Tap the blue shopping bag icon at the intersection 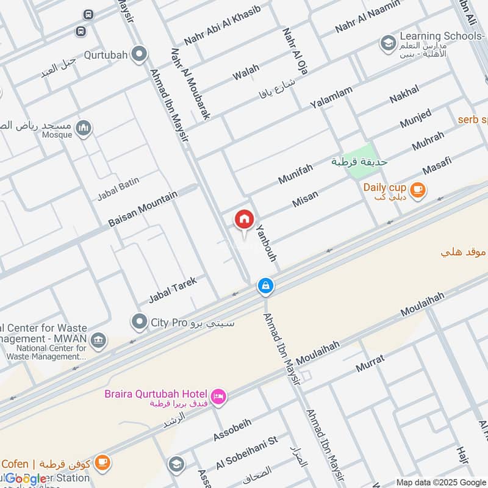(265, 285)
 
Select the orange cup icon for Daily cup (418, 190)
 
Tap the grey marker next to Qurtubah (140, 55)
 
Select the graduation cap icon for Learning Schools (387, 43)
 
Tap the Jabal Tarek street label (173, 290)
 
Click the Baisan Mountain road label (143, 209)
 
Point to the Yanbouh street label (267, 242)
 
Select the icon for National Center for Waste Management (98, 340)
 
